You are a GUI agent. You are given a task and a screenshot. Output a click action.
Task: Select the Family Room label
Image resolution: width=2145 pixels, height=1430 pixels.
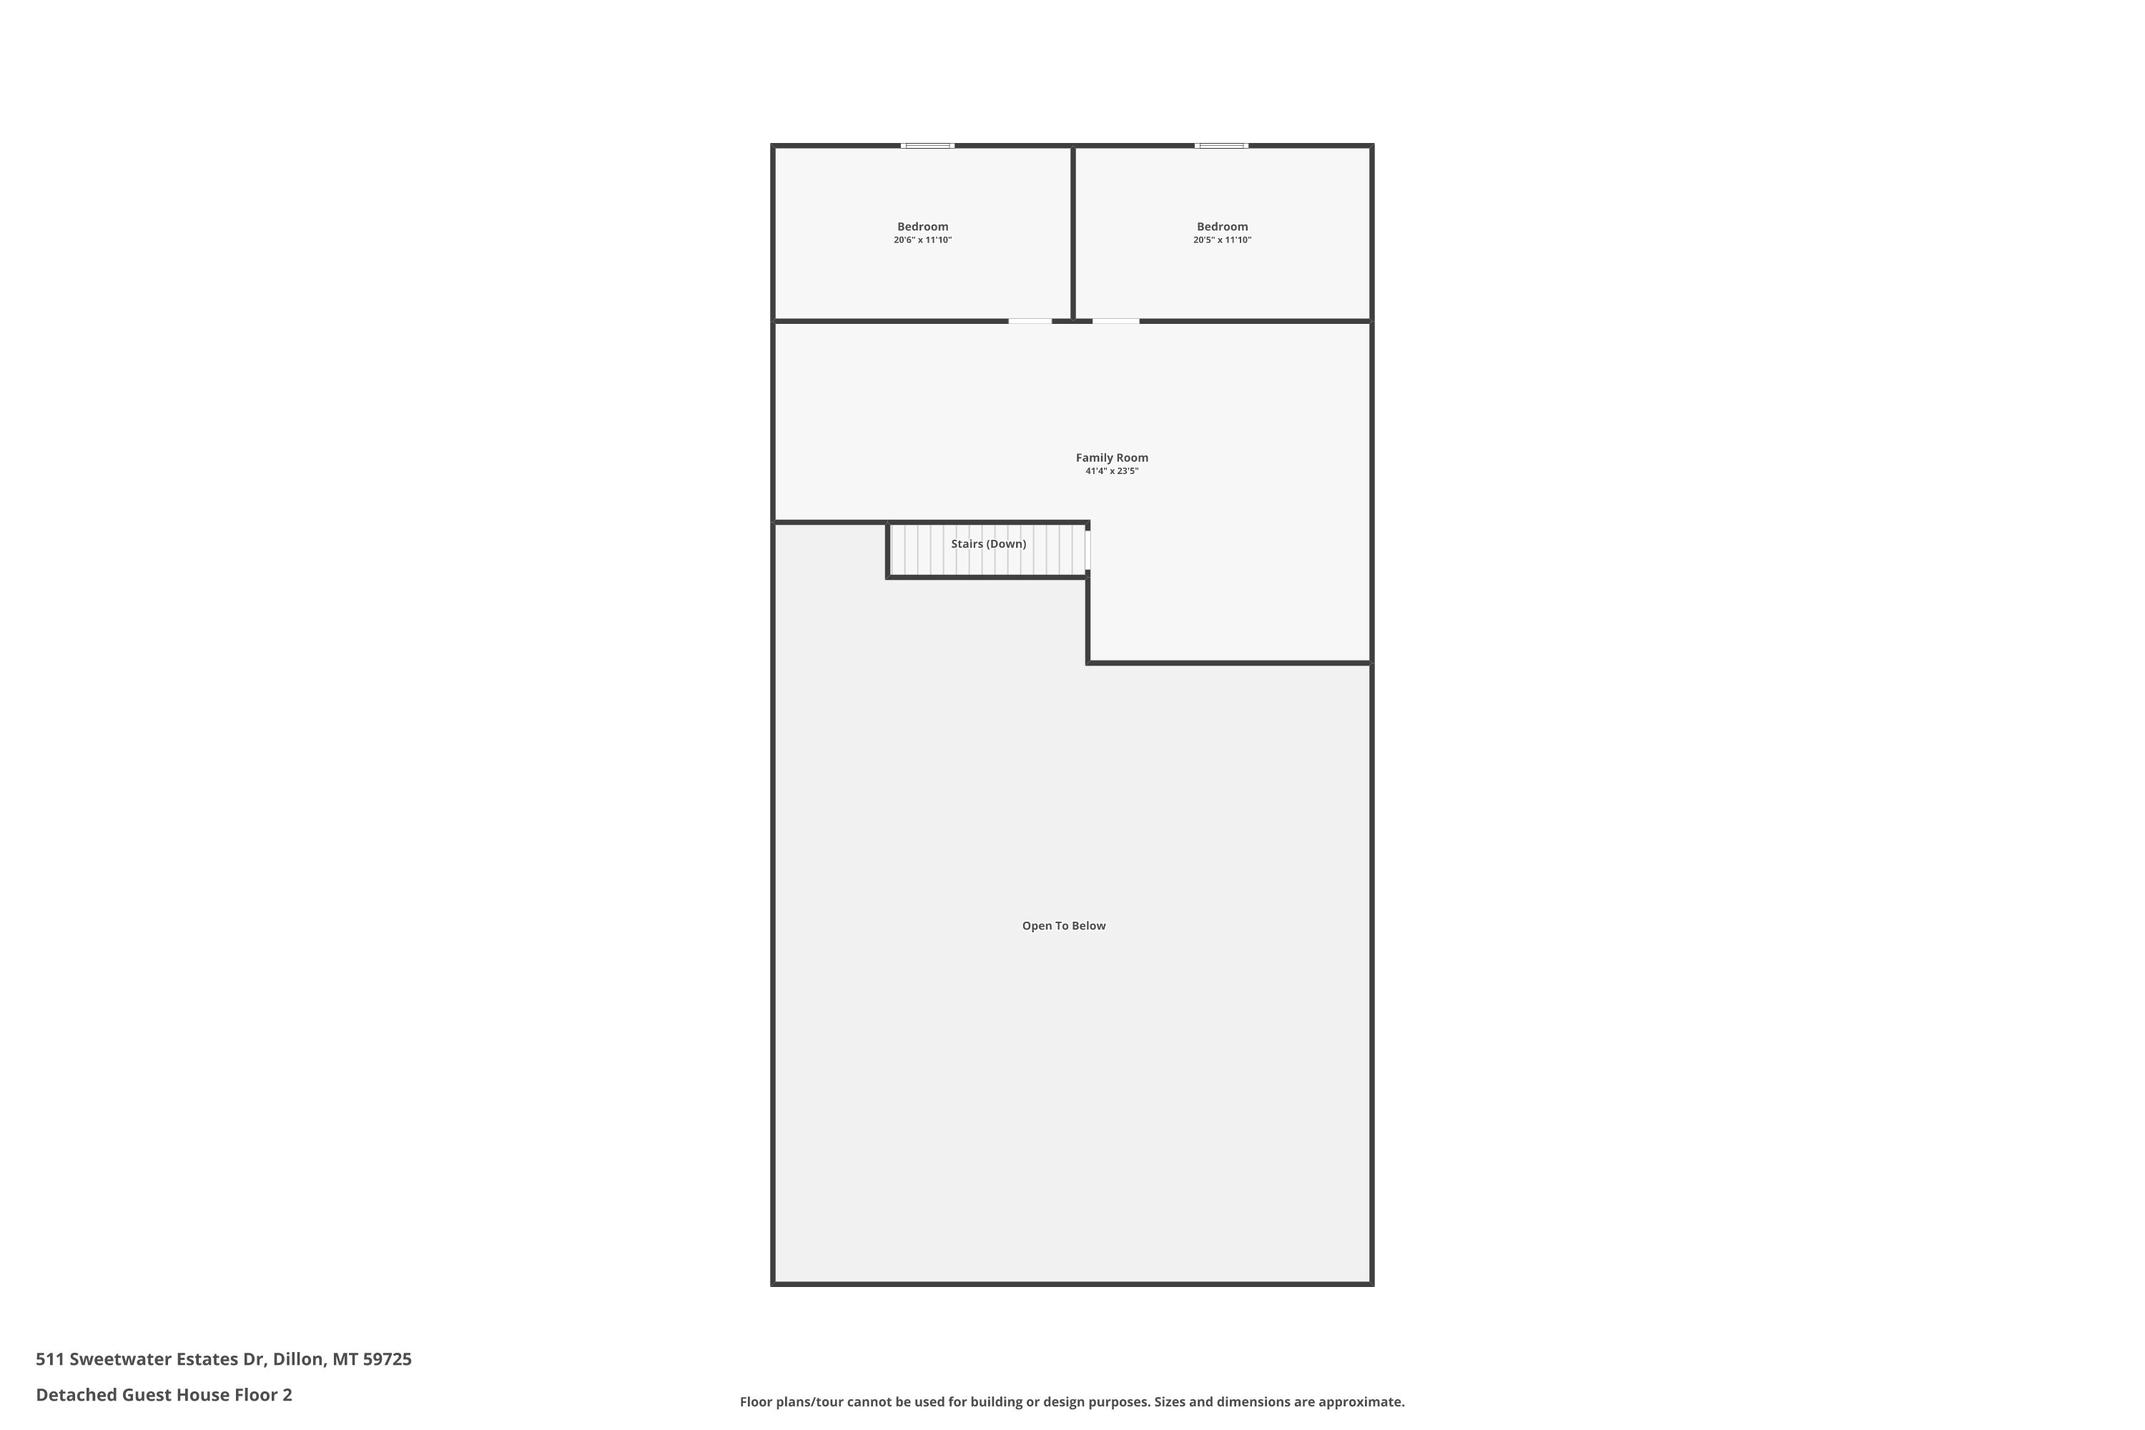1112,458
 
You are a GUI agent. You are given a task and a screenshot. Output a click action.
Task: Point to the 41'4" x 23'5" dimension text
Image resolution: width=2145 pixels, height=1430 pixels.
1112,471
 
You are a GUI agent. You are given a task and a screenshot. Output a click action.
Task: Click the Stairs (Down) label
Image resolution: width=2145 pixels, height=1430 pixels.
989,543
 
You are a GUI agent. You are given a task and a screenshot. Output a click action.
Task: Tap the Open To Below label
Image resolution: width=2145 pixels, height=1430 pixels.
1063,926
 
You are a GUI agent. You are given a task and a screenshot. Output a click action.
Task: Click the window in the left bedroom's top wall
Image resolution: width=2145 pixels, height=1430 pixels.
927,145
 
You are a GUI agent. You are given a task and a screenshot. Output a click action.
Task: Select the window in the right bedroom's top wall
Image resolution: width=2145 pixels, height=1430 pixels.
1221,145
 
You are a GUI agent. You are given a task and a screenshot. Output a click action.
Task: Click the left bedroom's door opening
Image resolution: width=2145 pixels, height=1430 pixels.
1030,321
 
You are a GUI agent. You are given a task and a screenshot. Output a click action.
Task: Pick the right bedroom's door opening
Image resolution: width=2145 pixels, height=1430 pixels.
1115,321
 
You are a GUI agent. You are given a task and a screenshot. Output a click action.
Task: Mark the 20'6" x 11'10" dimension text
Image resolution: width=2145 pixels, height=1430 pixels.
922,240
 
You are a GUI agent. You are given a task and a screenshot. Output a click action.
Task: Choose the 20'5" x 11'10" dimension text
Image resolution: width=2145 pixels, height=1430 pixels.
1222,240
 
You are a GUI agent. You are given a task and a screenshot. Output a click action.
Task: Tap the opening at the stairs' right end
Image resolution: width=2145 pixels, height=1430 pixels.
1088,550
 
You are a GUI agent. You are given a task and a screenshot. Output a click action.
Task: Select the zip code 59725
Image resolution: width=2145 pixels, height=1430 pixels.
388,1359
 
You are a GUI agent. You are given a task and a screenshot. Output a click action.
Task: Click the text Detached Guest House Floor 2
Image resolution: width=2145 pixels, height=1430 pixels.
164,1394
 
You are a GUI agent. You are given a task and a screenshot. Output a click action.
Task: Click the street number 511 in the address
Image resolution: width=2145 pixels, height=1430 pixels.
49,1359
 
